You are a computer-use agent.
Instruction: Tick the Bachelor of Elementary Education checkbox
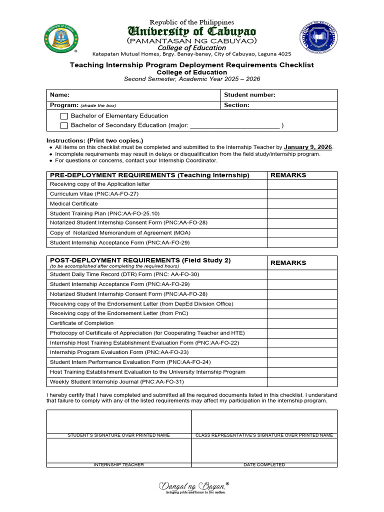click(64, 116)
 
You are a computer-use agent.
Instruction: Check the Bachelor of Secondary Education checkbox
click(64, 125)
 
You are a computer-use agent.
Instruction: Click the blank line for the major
click(235, 126)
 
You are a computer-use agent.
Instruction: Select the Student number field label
click(249, 95)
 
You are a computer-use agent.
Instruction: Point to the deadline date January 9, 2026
click(307, 147)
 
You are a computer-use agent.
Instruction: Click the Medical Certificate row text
click(74, 203)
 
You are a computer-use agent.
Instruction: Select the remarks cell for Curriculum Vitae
click(302, 194)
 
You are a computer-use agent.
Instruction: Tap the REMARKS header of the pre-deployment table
click(288, 175)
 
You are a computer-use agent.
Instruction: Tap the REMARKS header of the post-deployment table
click(288, 262)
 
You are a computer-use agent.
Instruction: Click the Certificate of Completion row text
click(81, 323)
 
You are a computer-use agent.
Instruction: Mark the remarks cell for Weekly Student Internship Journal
click(302, 382)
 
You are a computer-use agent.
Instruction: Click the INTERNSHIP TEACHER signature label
click(119, 465)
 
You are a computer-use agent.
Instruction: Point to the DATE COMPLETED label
click(264, 465)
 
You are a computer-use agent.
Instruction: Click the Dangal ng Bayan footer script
click(192, 485)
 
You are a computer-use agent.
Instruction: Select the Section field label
click(236, 105)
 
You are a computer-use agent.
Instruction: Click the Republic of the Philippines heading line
click(192, 22)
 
